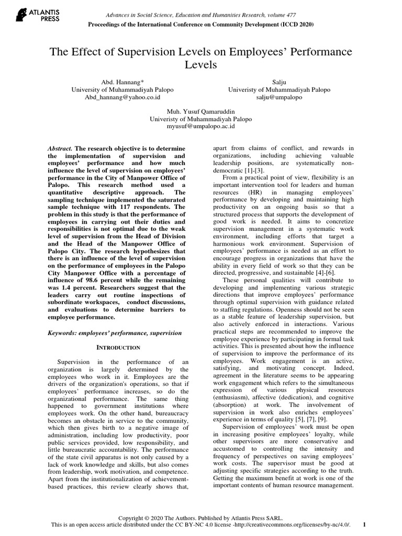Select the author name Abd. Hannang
[121, 82]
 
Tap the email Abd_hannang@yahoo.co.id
[122, 97]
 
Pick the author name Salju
[279, 82]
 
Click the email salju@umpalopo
[279, 97]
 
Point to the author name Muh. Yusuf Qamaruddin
[200, 111]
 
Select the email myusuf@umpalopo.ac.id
[200, 126]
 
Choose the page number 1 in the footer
[364, 524]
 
